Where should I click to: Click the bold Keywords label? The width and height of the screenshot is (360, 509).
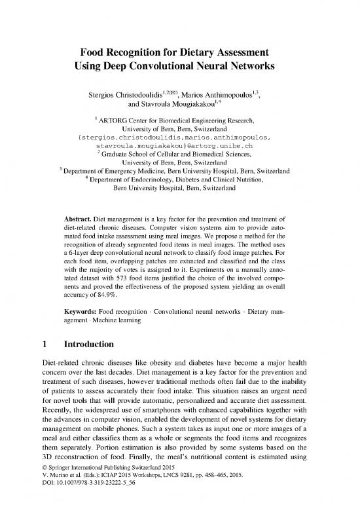tap(82, 344)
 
